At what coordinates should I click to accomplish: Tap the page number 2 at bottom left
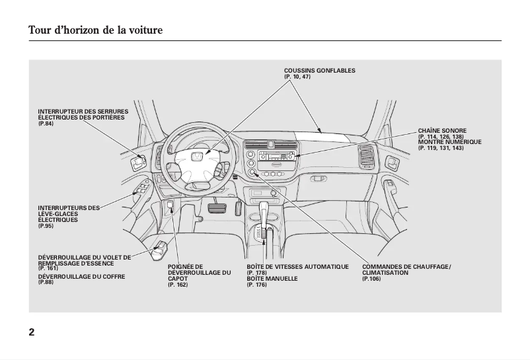coord(32,332)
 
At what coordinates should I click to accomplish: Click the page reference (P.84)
coord(46,124)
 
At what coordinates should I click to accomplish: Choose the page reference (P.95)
coord(46,226)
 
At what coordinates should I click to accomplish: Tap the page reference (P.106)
coord(371,279)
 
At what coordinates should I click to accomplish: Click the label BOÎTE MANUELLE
coord(272,279)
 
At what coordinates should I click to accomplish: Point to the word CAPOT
coord(178,279)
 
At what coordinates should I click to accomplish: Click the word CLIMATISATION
coord(385,273)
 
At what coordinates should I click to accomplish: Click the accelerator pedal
coord(239,209)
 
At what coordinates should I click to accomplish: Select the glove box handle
coord(319,178)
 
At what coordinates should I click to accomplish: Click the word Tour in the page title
coord(40,30)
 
